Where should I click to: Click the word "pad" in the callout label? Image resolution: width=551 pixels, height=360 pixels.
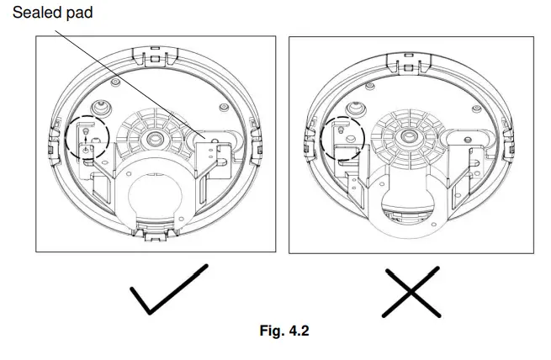tap(77, 12)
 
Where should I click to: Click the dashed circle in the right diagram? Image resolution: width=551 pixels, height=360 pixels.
tap(345, 136)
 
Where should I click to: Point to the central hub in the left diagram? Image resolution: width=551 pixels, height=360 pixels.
tap(154, 136)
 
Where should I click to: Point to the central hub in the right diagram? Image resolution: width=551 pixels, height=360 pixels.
tap(409, 135)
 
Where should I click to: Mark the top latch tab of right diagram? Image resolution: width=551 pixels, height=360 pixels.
tap(410, 56)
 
